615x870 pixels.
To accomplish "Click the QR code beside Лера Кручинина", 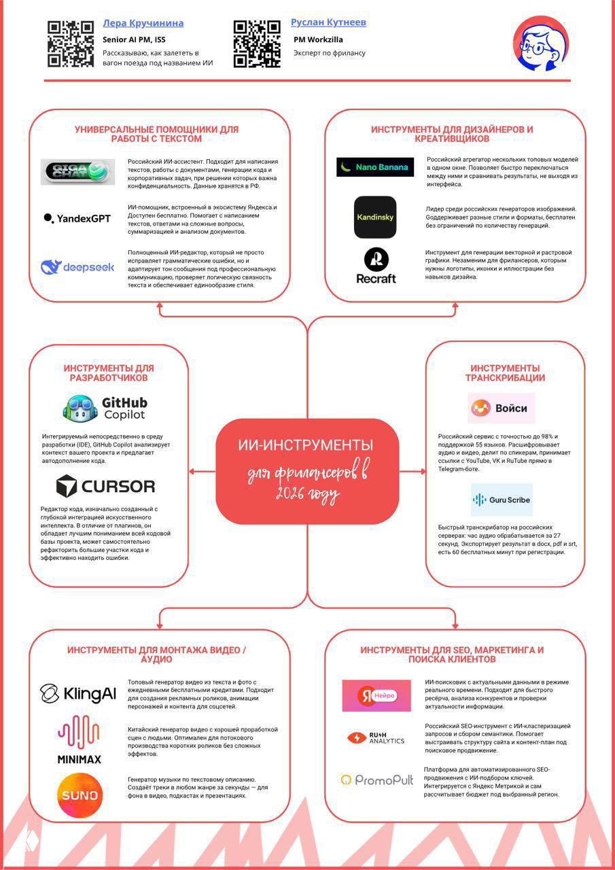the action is tap(71, 44).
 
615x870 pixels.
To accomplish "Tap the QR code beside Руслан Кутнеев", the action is tap(257, 44).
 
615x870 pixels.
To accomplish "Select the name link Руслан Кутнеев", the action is tap(328, 22).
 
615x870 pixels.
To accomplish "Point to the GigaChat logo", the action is tap(77, 172).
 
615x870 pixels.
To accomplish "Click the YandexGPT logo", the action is tap(77, 219).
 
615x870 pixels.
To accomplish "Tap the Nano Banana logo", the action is tap(375, 167).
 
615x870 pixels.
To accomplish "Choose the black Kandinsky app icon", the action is tap(375, 217).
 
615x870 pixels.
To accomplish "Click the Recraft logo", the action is tap(376, 266).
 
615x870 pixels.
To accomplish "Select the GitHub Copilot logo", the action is tap(105, 408).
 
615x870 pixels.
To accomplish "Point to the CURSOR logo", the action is tap(105, 486).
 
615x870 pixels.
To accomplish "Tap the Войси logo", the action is tap(502, 408).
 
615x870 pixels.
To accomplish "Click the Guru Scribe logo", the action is tap(502, 500).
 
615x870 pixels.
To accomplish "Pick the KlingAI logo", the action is tap(78, 694).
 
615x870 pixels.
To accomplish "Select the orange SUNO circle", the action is tap(80, 795).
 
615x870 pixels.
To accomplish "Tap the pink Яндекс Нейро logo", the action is tap(376, 695).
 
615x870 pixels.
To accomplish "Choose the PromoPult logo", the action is tap(376, 780).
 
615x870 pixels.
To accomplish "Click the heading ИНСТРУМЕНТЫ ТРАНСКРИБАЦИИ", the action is tap(505, 373).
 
